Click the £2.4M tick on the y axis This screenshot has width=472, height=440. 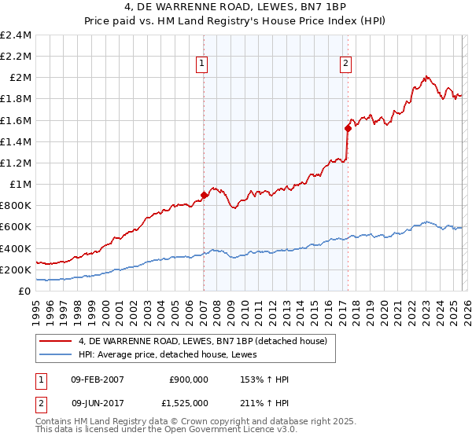pos(16,35)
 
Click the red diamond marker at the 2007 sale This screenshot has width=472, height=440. pos(204,195)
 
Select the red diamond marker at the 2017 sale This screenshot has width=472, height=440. pos(348,128)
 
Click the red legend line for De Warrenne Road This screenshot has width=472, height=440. pos(55,341)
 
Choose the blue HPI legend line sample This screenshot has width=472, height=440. pos(55,354)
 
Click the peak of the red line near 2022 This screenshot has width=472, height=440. pos(426,77)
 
